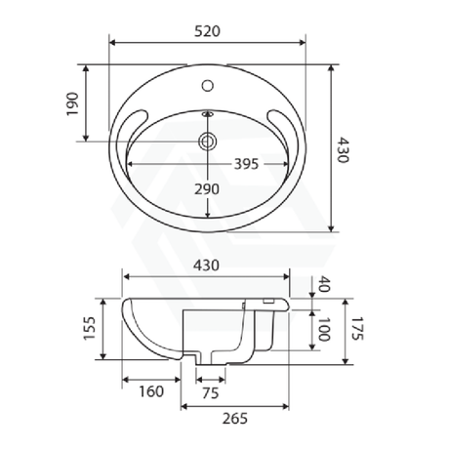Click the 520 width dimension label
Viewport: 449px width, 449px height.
(206, 30)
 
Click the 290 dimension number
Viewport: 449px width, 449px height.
(206, 187)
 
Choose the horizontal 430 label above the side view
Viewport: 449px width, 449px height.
(206, 265)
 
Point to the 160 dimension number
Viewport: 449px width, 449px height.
(150, 394)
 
